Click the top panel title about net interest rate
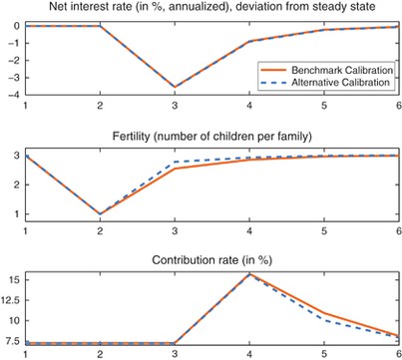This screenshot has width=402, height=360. (x=205, y=9)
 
